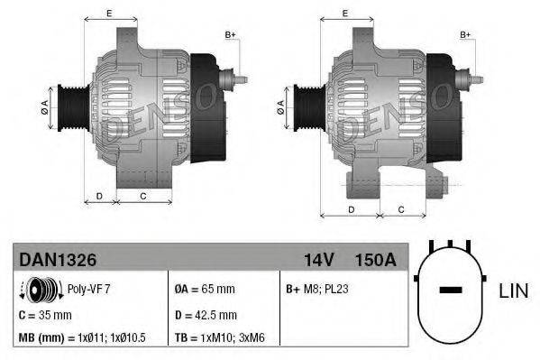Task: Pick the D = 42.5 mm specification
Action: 205,315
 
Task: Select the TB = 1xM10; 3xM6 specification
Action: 225,338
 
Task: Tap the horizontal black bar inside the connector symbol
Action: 450,291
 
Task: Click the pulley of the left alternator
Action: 69,106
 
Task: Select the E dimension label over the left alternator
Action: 108,13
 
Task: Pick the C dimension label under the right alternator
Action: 399,209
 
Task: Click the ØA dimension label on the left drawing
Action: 44,106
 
